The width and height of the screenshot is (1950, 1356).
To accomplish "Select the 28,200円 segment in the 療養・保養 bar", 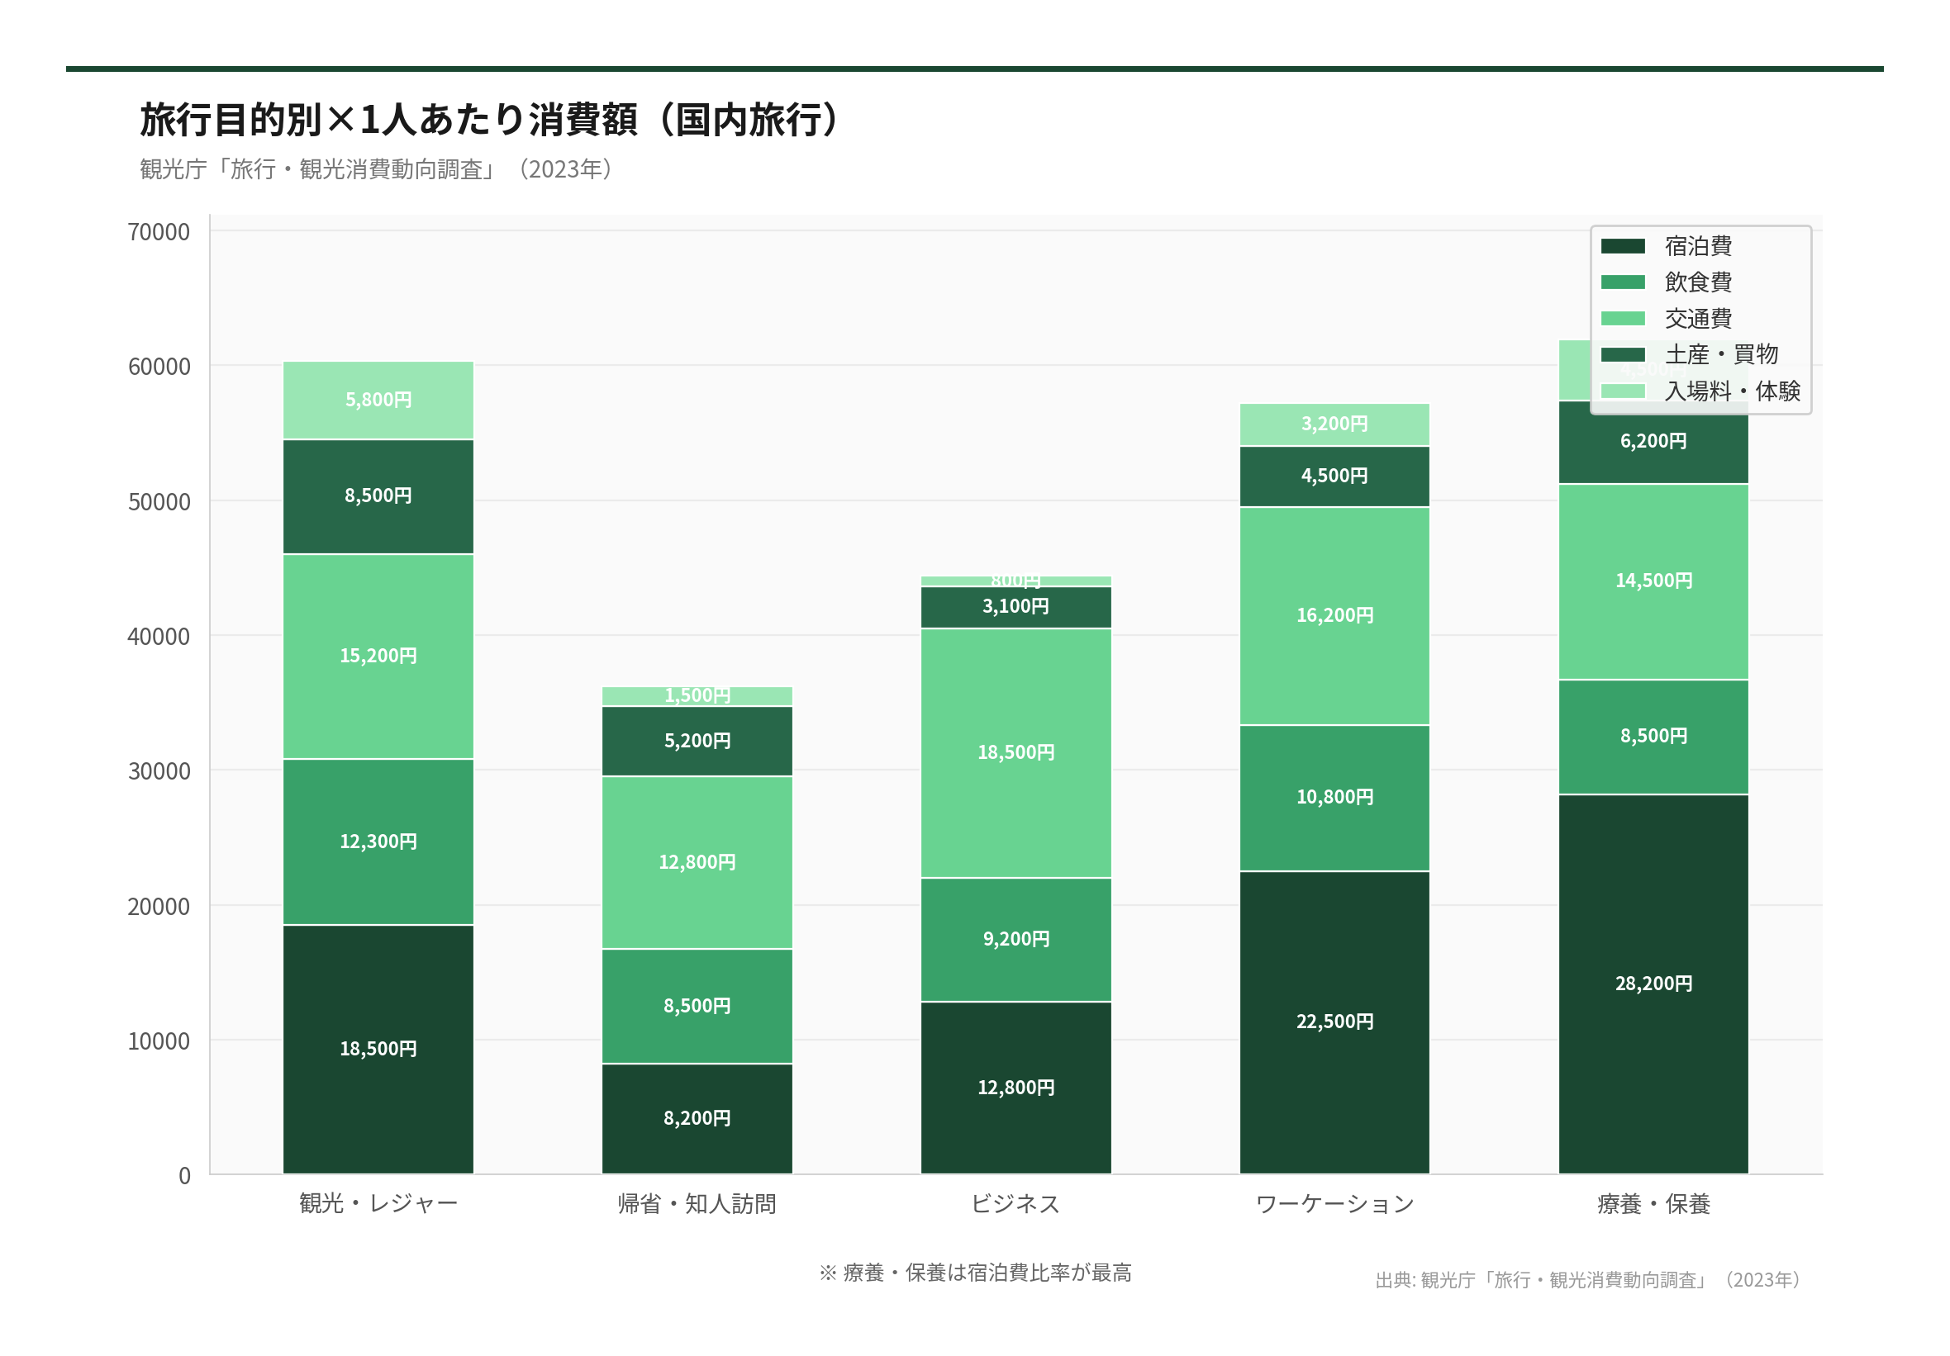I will tap(1653, 984).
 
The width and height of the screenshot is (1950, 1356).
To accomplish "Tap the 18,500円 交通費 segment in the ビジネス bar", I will tap(1015, 752).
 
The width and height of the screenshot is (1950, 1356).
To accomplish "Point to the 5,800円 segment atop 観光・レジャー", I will tap(378, 400).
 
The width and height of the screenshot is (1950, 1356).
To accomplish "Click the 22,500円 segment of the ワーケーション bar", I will tap(1334, 1022).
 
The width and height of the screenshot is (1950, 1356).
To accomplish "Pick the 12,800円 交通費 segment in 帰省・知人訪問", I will tap(697, 862).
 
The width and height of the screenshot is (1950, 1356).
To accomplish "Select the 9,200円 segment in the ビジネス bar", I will tap(1015, 939).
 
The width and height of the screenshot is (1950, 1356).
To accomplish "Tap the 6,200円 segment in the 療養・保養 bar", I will tap(1653, 442).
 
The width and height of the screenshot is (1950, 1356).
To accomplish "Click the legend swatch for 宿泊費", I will tap(1622, 246).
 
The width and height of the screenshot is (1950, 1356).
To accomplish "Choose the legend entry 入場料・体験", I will tap(1732, 391).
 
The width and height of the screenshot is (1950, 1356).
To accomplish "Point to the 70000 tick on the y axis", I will tap(159, 232).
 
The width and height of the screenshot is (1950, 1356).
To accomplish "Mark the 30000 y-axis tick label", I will tap(159, 771).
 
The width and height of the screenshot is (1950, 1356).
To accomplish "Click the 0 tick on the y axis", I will tap(184, 1176).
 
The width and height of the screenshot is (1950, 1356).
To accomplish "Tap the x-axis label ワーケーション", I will tap(1334, 1204).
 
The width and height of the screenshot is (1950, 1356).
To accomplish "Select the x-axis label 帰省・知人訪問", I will tap(697, 1204).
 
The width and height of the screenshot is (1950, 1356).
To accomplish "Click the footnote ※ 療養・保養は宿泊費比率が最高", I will tap(975, 1273).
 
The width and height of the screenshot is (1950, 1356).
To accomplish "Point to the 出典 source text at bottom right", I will tap(1588, 1279).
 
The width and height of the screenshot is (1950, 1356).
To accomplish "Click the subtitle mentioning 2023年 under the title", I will tap(375, 169).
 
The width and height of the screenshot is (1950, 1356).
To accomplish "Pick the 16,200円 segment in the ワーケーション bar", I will tap(1334, 615).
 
